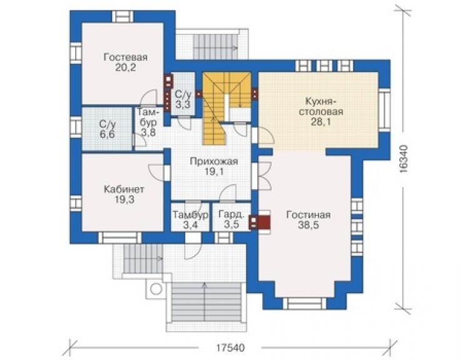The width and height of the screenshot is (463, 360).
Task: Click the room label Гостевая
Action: coord(126,57)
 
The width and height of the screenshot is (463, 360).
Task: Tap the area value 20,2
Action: coord(126,68)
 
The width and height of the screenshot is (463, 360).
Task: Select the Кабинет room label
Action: coord(124,189)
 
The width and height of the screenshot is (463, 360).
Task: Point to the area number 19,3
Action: coord(125,200)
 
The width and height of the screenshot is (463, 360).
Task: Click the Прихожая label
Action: coord(214,162)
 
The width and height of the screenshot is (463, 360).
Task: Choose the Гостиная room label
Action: coord(308,215)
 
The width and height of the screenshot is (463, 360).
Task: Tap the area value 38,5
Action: coord(308,225)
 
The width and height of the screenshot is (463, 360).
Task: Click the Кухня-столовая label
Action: coord(321,106)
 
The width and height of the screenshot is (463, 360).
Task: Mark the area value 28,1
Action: coord(321,121)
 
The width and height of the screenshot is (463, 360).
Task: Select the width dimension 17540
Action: coord(230,347)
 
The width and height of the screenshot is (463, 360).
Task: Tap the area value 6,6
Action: coord(107,135)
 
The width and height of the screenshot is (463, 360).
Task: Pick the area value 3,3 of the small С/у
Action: coord(183,105)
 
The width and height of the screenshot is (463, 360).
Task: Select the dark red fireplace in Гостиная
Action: coord(260,221)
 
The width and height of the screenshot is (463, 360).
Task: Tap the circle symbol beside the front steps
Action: coord(156,289)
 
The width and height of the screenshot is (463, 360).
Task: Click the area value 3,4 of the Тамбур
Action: coord(190,225)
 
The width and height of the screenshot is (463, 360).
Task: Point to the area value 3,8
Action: coord(148,132)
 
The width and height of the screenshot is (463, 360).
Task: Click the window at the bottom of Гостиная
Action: coord(305,304)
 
